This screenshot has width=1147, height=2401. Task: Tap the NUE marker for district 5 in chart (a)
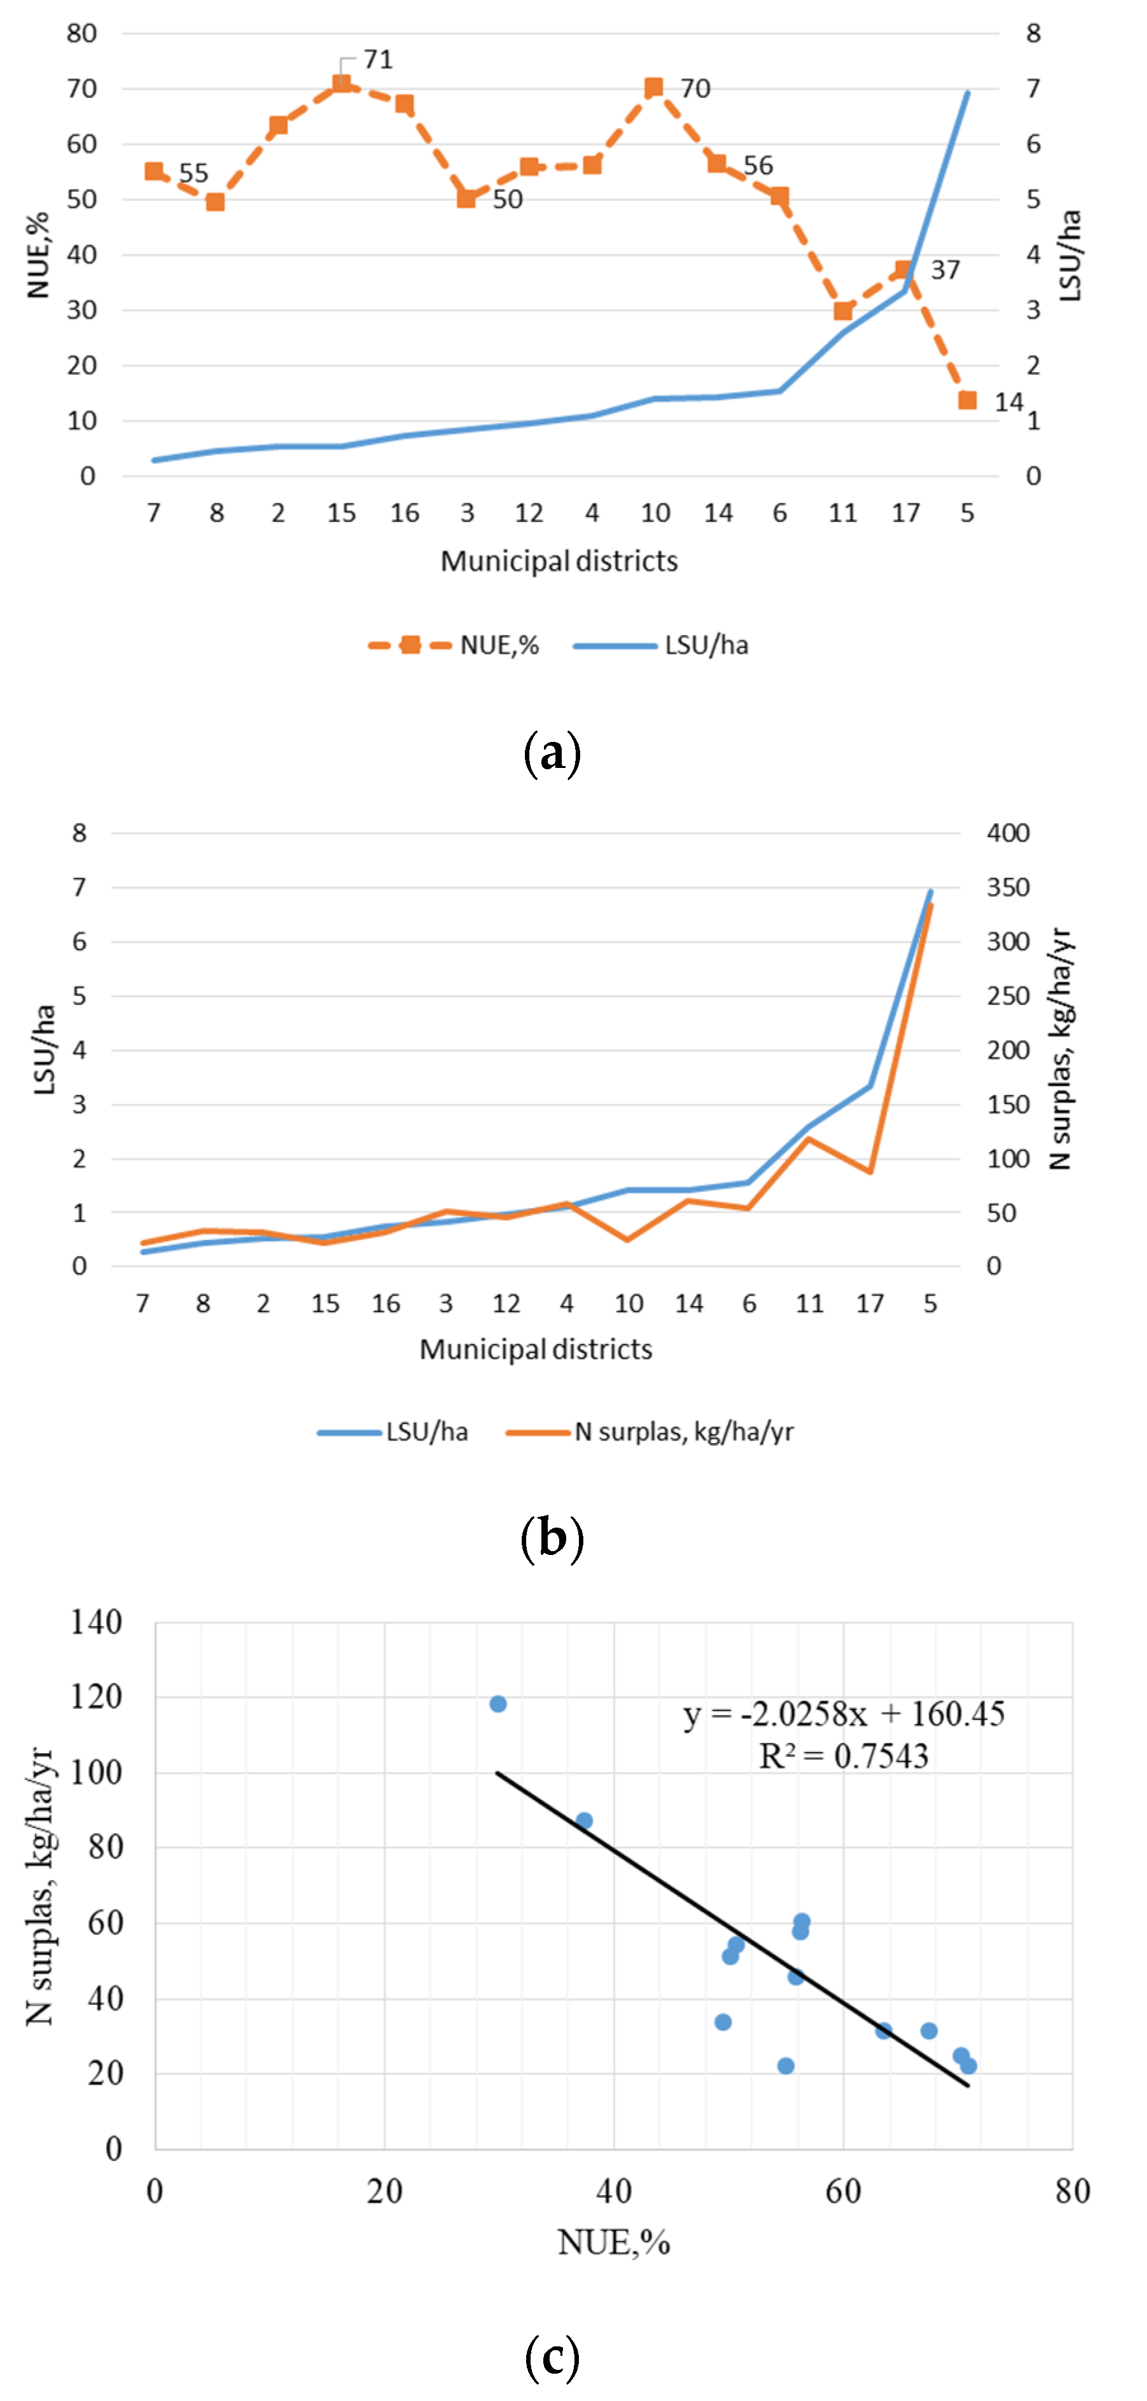[x=967, y=400]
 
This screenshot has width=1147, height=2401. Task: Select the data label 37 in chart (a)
[x=945, y=271]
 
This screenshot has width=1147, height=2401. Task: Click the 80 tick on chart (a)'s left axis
[x=82, y=34]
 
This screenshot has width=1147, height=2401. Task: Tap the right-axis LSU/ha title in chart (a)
[x=1071, y=255]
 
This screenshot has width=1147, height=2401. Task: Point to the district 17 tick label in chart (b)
[x=869, y=1303]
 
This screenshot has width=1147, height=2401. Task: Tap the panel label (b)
[x=552, y=1538]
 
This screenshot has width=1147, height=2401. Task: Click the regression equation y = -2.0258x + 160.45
[x=843, y=1713]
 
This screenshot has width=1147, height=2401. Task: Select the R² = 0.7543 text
[x=843, y=1756]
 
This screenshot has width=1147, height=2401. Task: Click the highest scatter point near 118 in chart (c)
[x=498, y=1704]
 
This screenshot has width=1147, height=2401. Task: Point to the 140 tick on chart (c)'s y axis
[x=96, y=1623]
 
